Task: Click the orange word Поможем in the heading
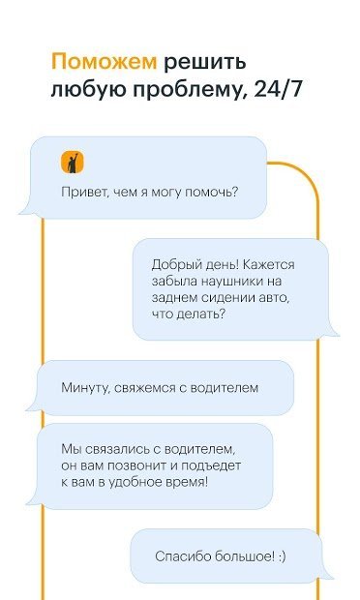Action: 103,63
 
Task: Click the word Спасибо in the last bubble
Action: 182,555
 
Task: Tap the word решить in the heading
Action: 204,63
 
